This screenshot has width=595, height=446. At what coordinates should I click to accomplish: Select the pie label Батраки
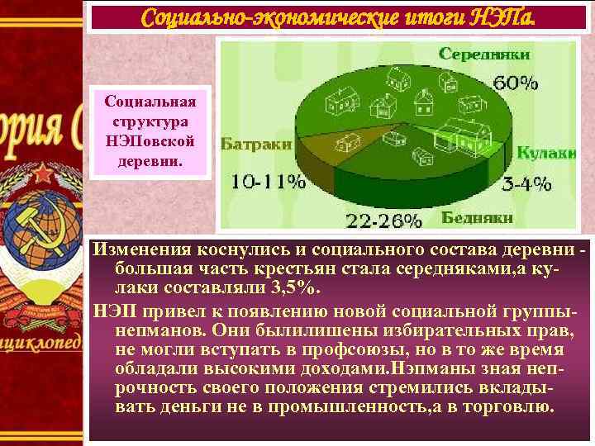[x=256, y=144]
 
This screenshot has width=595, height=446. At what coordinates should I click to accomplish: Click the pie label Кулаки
[x=546, y=153]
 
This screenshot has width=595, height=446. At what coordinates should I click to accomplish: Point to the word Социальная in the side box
[x=150, y=102]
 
